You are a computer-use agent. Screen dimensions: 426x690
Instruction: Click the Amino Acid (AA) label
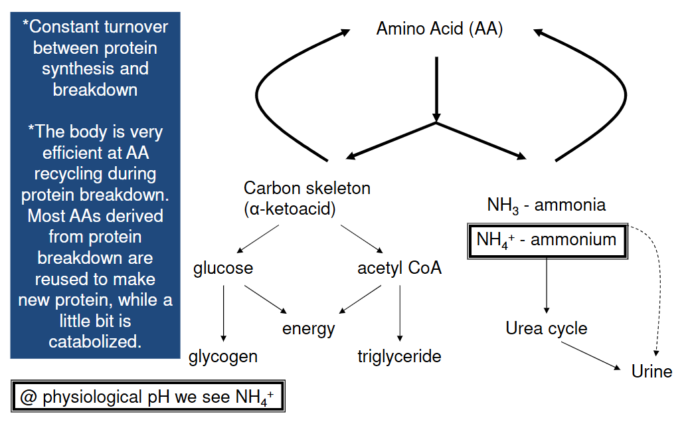439,29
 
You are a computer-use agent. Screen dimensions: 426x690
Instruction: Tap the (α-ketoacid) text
290,209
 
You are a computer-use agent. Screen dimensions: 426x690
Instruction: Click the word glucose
223,268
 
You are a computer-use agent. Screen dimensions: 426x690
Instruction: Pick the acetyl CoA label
399,268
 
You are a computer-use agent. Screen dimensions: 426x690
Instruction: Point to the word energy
308,328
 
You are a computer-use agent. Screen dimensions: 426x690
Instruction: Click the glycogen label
223,357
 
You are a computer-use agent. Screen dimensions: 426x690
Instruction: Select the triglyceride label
399,357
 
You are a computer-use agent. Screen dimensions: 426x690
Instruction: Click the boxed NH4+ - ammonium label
547,239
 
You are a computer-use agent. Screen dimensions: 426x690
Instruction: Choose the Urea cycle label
546,328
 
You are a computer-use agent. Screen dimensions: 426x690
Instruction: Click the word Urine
651,371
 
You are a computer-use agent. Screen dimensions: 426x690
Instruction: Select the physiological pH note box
147,397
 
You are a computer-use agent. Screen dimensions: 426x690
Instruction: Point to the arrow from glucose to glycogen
224,312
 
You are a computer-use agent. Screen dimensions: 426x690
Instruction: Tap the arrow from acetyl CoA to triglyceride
400,312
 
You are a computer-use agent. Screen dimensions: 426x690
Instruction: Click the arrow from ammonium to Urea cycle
547,286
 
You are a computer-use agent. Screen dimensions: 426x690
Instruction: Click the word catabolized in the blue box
95,342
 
